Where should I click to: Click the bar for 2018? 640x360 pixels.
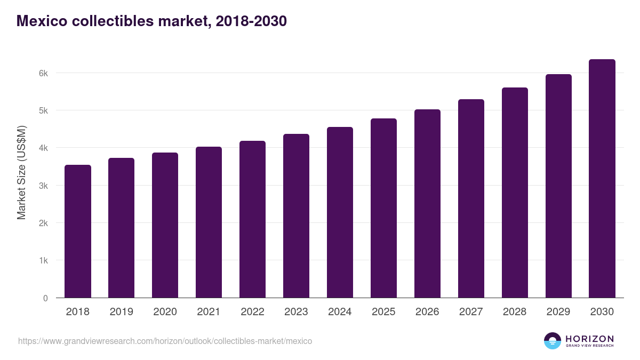point(78,231)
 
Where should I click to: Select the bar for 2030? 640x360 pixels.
point(602,179)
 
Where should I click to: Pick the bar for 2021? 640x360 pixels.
point(209,222)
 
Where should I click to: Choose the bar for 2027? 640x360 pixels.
point(471,198)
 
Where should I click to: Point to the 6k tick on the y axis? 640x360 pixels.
point(43,73)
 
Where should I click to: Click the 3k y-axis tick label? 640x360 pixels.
point(43,186)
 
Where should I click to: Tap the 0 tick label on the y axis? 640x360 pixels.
point(45,299)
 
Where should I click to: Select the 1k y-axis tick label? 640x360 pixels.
point(43,261)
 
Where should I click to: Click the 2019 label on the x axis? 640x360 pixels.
point(122,312)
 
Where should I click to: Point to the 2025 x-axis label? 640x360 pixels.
point(383,312)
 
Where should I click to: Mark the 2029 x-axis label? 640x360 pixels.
point(558,312)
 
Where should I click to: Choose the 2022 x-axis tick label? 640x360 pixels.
point(252,312)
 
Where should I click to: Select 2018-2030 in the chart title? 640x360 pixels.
point(251,21)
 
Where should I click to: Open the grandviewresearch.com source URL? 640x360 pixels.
point(165,341)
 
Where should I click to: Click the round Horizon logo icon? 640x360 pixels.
point(552,341)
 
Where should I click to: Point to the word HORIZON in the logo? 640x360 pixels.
point(589,339)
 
